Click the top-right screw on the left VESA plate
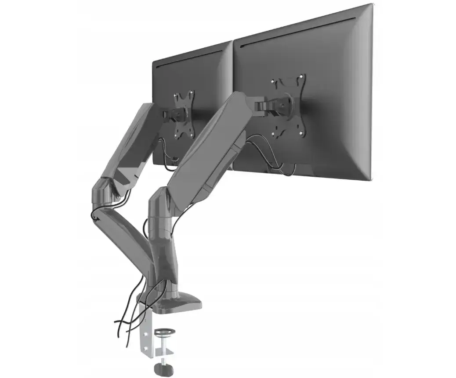(x=191, y=93)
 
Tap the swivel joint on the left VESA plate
(x=180, y=115)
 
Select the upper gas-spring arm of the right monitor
(x=211, y=140)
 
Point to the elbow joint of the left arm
(x=105, y=189)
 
